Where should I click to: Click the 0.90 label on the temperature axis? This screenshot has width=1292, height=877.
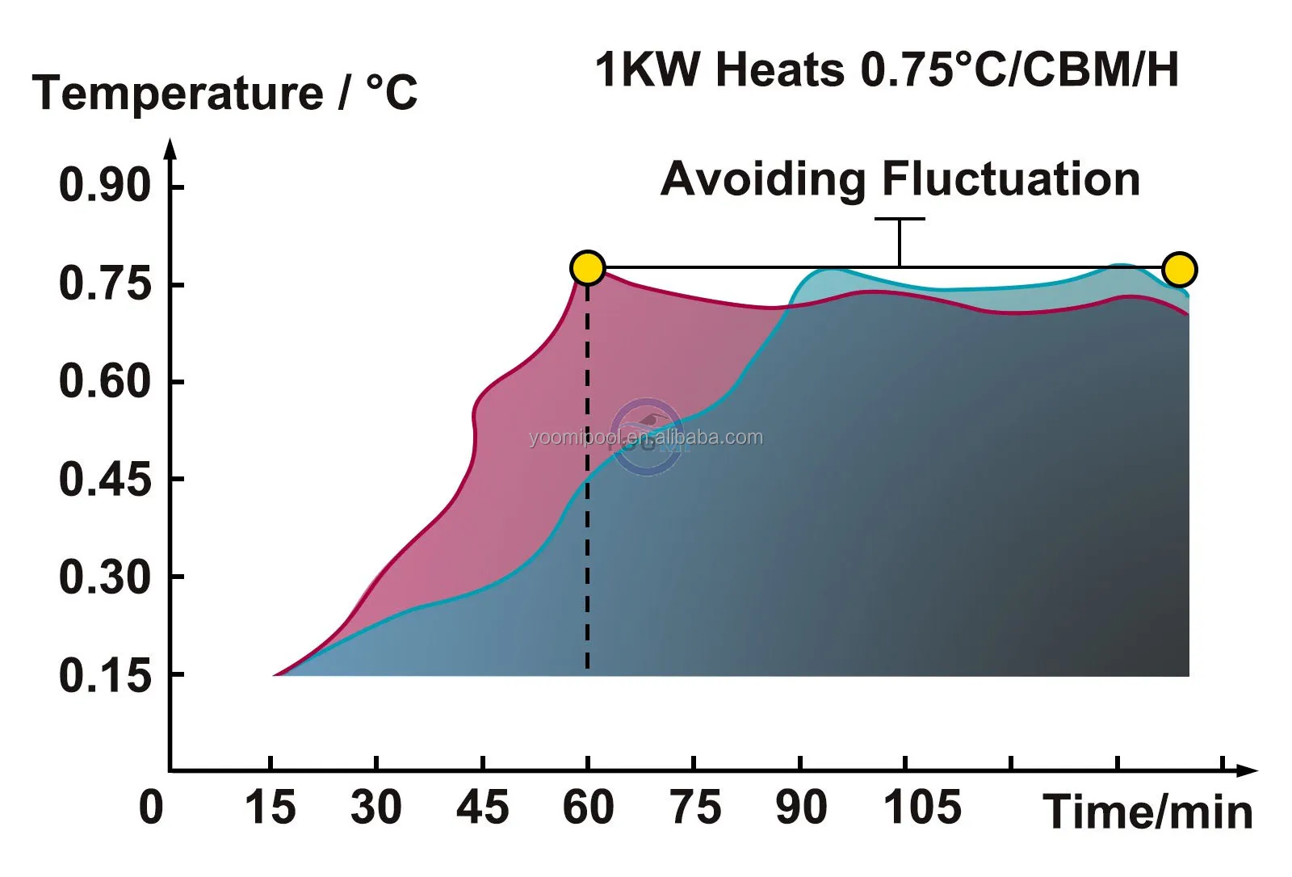105,185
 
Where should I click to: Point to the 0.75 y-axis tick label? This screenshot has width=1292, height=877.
105,283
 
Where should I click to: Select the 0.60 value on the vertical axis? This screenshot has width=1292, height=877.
105,381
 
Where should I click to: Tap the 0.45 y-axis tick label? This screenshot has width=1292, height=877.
105,480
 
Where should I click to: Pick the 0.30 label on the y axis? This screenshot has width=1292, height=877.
105,577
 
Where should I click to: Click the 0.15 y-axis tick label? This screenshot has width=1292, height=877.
105,675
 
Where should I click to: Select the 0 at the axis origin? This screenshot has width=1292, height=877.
151,807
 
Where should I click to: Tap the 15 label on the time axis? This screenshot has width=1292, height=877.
270,807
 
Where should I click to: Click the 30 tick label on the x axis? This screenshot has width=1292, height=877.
375,807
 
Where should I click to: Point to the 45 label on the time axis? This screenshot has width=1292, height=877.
482,807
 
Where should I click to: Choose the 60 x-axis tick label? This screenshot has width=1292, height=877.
588,807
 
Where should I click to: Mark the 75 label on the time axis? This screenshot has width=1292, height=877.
695,807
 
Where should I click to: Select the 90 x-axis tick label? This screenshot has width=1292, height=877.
801,807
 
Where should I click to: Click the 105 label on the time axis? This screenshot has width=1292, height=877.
922,807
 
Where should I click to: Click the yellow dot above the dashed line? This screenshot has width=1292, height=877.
587,268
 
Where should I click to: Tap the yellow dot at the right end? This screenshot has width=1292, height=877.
1179,270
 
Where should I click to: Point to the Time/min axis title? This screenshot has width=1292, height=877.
1147,812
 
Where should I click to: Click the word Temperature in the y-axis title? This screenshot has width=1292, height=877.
178,93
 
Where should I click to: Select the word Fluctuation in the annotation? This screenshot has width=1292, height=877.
1010,178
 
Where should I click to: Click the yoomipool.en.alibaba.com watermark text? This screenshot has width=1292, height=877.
645,438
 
